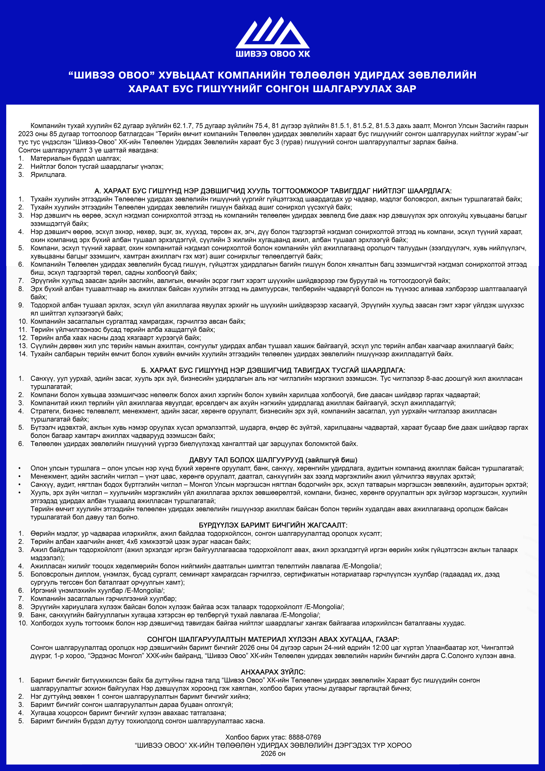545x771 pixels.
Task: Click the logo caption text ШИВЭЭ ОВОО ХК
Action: pos(273,54)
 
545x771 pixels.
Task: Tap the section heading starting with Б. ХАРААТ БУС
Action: pos(273,370)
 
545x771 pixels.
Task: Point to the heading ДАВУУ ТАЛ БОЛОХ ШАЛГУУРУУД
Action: pos(273,460)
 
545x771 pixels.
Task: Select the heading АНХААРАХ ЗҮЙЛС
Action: pos(273,672)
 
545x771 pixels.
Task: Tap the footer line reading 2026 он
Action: pos(273,754)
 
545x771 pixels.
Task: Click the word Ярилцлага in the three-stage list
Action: pos(48,175)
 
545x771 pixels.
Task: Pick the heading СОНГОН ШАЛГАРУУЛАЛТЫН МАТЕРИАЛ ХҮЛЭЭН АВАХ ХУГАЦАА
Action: pos(273,639)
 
